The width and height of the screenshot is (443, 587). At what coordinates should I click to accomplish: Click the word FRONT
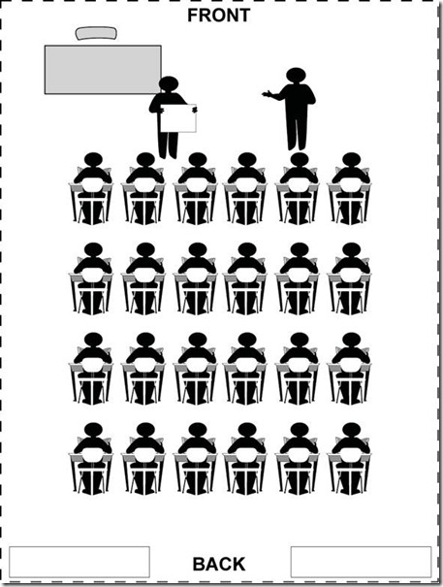pyautogui.click(x=218, y=16)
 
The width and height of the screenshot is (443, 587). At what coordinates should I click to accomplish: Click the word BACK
pyautogui.click(x=219, y=564)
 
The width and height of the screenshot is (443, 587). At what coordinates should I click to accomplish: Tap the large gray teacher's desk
pyautogui.click(x=103, y=70)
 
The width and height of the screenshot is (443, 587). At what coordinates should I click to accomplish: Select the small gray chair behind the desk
pyautogui.click(x=96, y=33)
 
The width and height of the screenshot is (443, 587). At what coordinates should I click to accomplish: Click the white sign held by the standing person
pyautogui.click(x=178, y=118)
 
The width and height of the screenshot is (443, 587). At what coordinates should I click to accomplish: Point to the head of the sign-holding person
pyautogui.click(x=169, y=83)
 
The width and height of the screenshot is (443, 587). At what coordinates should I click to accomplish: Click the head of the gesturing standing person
pyautogui.click(x=297, y=76)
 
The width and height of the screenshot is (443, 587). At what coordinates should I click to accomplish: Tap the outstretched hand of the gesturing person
pyautogui.click(x=267, y=93)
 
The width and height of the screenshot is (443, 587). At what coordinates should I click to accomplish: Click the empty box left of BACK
pyautogui.click(x=79, y=562)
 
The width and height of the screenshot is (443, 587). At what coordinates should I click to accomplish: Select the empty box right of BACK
pyautogui.click(x=361, y=562)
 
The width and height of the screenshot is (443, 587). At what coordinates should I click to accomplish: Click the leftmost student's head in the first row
pyautogui.click(x=93, y=159)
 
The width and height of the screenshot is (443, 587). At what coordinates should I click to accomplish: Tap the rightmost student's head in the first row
pyautogui.click(x=351, y=159)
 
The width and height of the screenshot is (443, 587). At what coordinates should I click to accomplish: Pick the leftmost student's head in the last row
pyautogui.click(x=93, y=430)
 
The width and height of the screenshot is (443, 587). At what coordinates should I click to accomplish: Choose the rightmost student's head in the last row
pyautogui.click(x=351, y=430)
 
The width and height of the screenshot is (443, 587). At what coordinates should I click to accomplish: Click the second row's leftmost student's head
pyautogui.click(x=93, y=249)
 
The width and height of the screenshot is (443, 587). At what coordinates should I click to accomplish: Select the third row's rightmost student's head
pyautogui.click(x=351, y=340)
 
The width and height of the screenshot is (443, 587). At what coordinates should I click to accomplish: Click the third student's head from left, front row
pyautogui.click(x=198, y=159)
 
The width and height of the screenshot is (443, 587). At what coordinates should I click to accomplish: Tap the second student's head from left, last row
pyautogui.click(x=145, y=430)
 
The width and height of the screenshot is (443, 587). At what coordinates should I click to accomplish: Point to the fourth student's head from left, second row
pyautogui.click(x=247, y=249)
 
